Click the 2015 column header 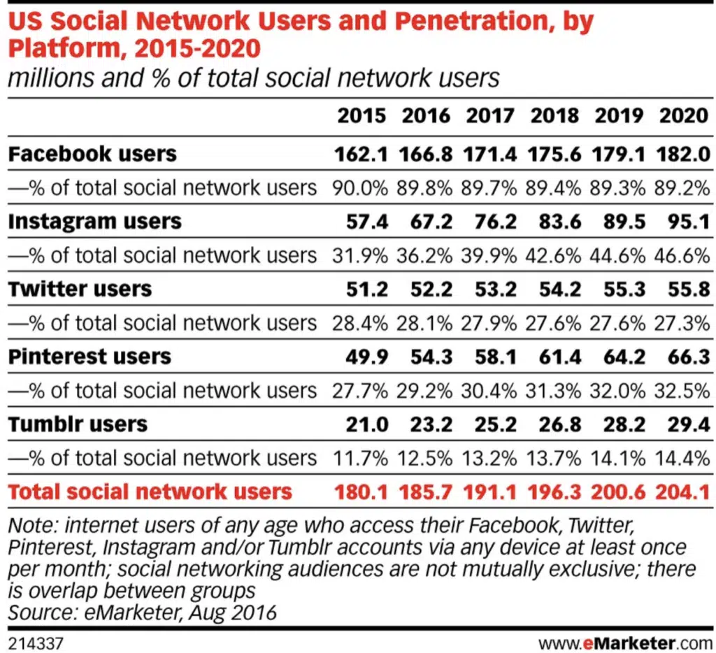tap(361, 115)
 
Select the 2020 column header tap(683, 115)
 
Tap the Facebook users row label tap(92, 153)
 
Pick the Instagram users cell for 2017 tap(490, 221)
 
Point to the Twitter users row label tap(80, 289)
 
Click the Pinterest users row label tap(89, 356)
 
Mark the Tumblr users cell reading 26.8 tap(554, 424)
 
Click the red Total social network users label tap(150, 491)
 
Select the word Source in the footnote tap(41, 613)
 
